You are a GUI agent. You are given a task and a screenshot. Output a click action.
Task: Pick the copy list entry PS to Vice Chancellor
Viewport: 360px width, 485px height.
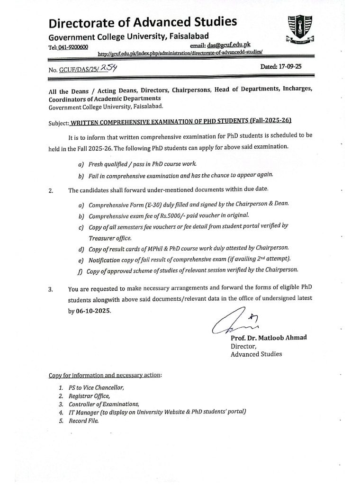pos(96,387)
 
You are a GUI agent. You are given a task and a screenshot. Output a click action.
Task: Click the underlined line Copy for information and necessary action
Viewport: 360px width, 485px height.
pos(105,375)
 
